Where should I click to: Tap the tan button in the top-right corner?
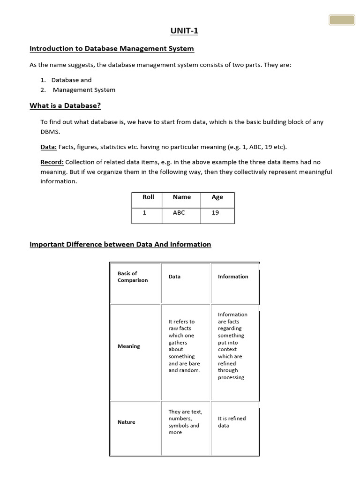point(342,20)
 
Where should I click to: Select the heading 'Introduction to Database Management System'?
point(112,48)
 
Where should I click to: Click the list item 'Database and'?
point(71,80)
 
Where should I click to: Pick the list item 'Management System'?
point(84,90)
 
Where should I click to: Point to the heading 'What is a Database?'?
point(65,105)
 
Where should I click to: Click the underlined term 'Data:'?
point(49,147)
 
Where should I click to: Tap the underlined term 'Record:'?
point(52,162)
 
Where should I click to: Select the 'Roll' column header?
point(148,197)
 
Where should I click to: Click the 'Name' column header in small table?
point(181,197)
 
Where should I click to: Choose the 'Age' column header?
point(217,197)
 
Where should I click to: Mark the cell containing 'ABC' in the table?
point(179,213)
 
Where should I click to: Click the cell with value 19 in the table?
point(215,213)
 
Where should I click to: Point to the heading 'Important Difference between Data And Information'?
point(120,244)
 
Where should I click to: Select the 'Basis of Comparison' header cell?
point(133,277)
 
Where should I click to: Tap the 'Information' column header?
point(233,277)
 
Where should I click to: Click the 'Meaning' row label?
point(129,346)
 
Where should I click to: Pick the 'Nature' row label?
point(126,422)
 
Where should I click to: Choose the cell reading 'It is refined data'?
point(232,422)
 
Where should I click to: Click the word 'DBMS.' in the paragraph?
point(51,132)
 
